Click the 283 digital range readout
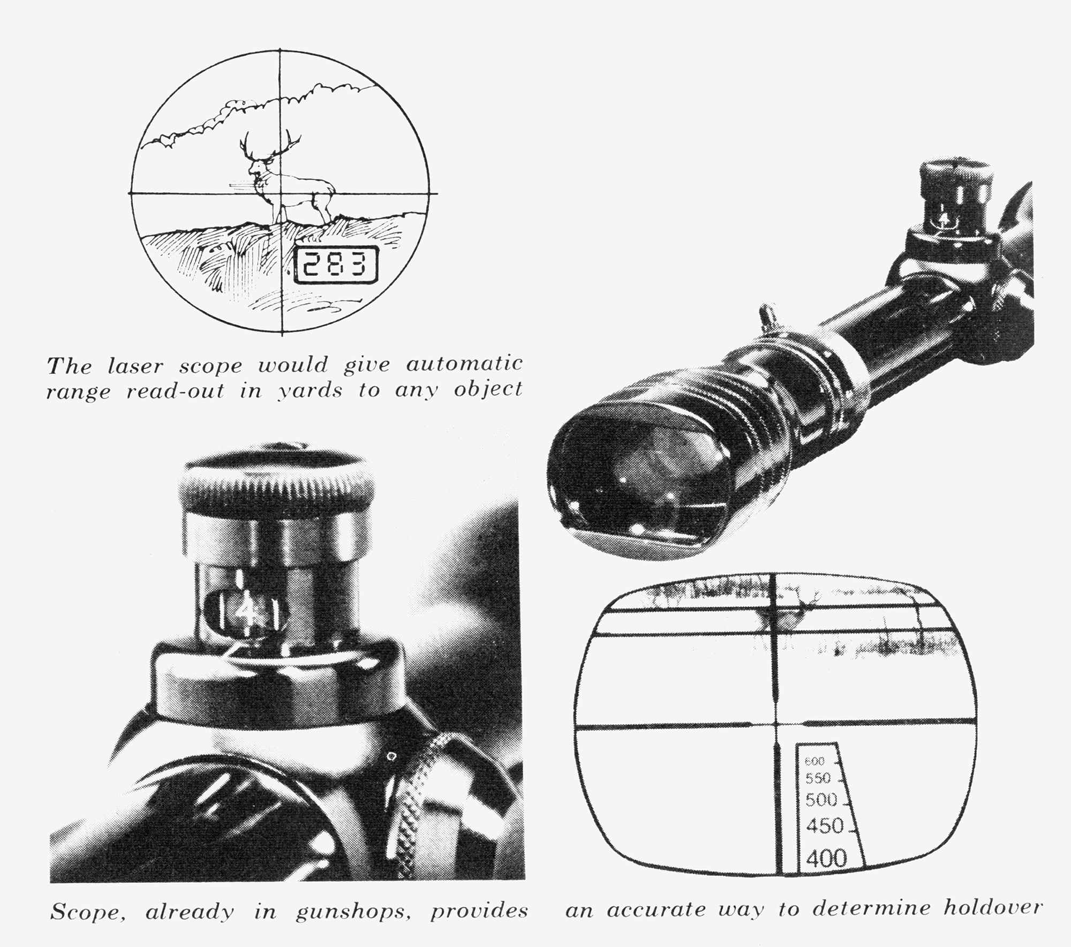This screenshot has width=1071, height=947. [x=336, y=265]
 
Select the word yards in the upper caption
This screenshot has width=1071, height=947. [x=310, y=392]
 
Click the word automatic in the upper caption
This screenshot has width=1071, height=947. [x=464, y=365]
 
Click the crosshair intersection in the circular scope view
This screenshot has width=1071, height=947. [x=282, y=193]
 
